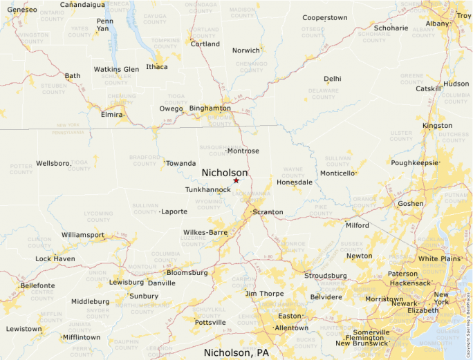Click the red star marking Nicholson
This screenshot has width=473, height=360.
pos(236,180)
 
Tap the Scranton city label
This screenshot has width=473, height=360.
pos(268,212)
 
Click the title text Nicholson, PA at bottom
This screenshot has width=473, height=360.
pos(236,352)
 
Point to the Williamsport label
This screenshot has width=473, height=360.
pos(83,235)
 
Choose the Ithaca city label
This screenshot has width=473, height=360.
pos(157,67)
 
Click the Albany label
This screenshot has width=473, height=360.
pos(437,23)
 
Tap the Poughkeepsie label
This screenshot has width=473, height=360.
pos(415,163)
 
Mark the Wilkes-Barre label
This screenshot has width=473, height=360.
pos(205,233)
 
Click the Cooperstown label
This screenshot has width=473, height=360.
pos(324,17)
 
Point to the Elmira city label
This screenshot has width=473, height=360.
pos(112,114)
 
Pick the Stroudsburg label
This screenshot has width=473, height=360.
pos(325,276)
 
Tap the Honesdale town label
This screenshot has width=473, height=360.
pos(295,182)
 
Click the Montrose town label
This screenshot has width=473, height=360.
pos(243,151)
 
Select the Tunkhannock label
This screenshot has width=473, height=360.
pos(208,189)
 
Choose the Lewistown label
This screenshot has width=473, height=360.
pos(24,329)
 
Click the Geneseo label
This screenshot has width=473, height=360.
pos(21,10)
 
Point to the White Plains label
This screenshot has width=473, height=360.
pos(439,258)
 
